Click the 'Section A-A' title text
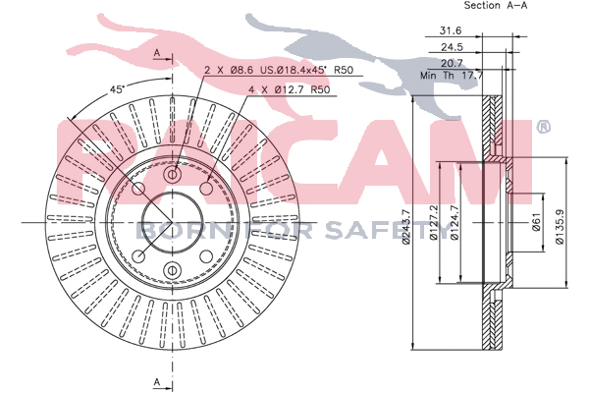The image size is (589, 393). [x=496, y=5]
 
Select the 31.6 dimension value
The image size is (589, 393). [x=451, y=30]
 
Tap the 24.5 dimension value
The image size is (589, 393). [x=452, y=47]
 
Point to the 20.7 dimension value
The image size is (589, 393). [x=452, y=63]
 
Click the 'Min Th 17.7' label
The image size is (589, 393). [x=452, y=76]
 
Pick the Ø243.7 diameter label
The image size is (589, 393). [x=406, y=226]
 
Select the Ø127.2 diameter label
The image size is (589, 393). [x=434, y=222]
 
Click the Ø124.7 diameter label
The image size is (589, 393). [x=455, y=222]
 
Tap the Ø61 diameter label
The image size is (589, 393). [x=536, y=222]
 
